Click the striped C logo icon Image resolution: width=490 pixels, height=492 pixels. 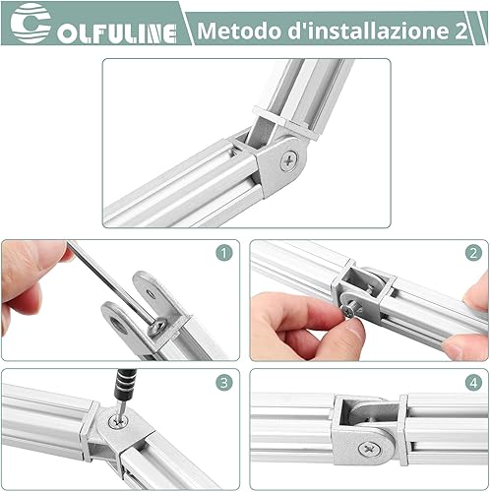pos(31,24)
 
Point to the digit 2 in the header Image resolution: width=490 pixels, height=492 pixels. pos(460,31)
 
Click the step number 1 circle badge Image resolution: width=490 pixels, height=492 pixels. pos(224,253)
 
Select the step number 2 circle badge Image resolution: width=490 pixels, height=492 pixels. pos(473,253)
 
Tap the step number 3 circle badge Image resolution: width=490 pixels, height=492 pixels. pos(224,383)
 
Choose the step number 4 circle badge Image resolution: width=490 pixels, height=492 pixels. pos(473,383)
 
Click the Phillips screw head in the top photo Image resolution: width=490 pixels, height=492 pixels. pos(289,160)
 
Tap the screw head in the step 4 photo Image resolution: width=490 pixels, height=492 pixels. pos(370,449)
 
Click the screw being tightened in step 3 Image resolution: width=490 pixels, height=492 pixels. pos(118,421)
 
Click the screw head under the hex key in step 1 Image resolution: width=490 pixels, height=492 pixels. pos(157,328)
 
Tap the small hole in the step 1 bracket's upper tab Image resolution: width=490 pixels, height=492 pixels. pos(152,293)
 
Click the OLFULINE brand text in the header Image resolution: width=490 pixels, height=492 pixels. pos(117,33)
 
